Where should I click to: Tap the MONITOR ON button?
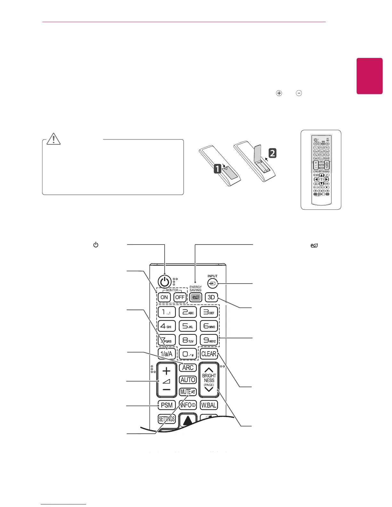tap(164, 297)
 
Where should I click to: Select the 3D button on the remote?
tap(211, 297)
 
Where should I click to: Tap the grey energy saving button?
tap(195, 297)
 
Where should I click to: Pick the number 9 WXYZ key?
tap(209, 340)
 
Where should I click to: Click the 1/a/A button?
tap(167, 354)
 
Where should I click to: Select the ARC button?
tap(188, 367)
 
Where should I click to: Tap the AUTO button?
tap(188, 380)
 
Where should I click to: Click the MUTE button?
tap(188, 392)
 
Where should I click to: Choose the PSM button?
tap(167, 405)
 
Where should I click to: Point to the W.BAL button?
tap(209, 405)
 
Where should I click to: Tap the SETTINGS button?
tap(167, 419)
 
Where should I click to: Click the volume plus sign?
tap(166, 371)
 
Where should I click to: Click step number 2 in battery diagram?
tap(272, 153)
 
